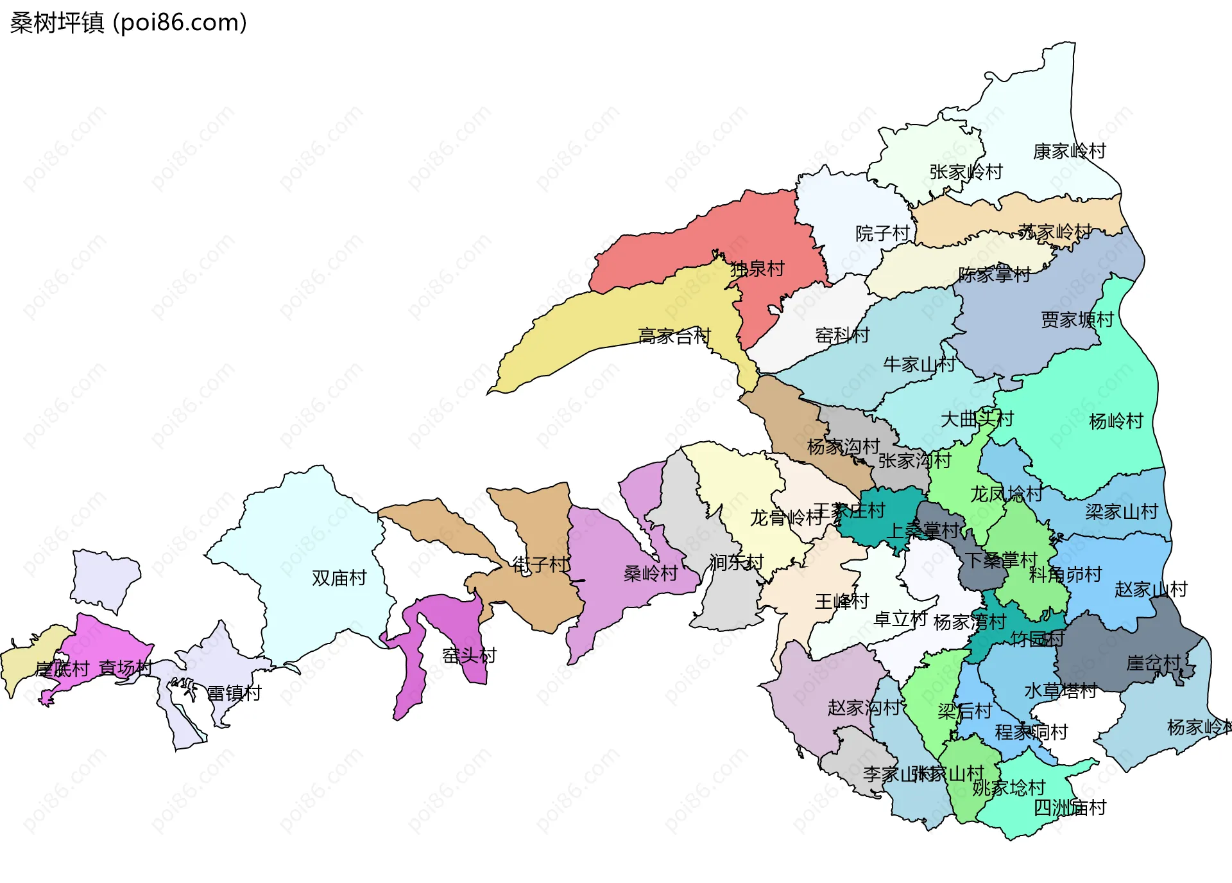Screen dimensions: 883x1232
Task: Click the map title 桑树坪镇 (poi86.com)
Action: point(128,23)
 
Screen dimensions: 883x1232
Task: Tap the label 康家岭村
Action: point(1069,152)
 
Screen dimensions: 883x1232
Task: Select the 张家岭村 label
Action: point(966,172)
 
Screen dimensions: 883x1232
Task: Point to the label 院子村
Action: point(882,234)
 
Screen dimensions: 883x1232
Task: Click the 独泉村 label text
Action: point(757,269)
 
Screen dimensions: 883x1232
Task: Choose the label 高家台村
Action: point(674,336)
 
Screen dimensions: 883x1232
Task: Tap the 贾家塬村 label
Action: point(1077,320)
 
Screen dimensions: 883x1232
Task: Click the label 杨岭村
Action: point(1116,421)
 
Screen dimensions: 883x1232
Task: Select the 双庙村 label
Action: point(339,578)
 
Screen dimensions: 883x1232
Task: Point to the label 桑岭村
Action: point(651,573)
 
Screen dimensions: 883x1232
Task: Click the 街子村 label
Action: point(540,565)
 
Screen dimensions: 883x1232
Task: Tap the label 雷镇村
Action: point(234,694)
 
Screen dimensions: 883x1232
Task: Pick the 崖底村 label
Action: point(62,669)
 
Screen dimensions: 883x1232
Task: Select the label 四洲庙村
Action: point(1070,808)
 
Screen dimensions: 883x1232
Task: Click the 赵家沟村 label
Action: point(864,708)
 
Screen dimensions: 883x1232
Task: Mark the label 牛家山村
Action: point(919,365)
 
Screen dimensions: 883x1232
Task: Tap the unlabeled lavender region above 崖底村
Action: point(105,578)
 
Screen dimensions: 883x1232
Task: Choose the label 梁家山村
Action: point(1122,512)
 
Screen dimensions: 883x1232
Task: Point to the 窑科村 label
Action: point(842,335)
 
